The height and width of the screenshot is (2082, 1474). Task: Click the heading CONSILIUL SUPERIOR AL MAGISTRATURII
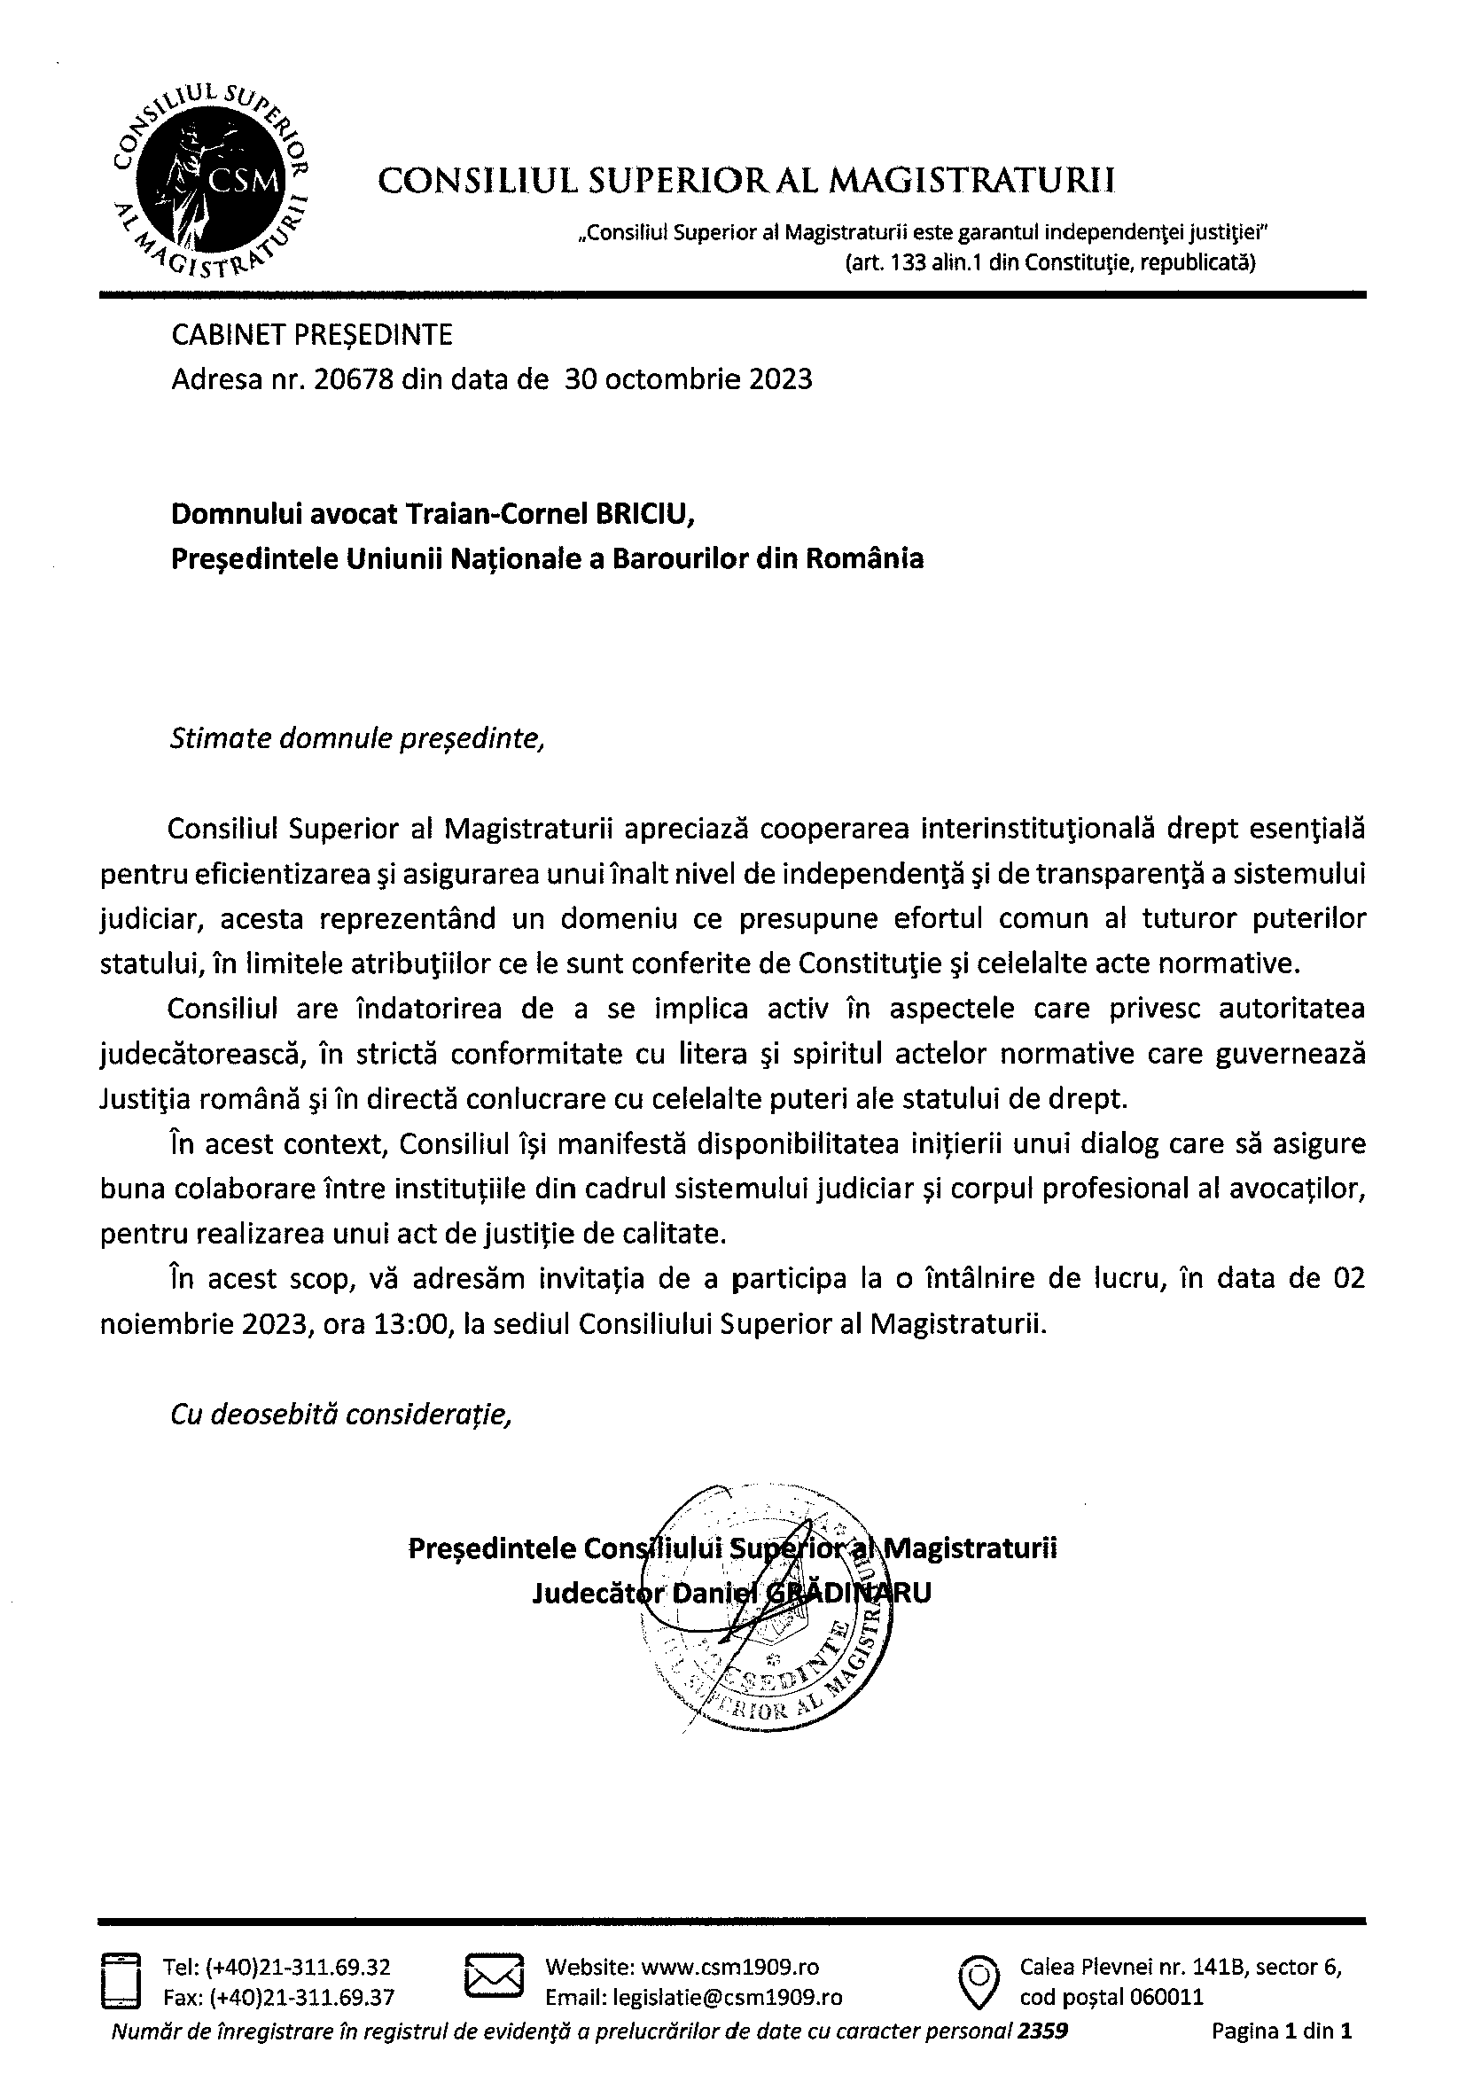pyautogui.click(x=746, y=181)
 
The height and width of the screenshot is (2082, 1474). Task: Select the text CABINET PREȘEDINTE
pyautogui.click(x=311, y=335)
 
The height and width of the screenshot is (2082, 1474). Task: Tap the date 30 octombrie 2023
pyautogui.click(x=688, y=378)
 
